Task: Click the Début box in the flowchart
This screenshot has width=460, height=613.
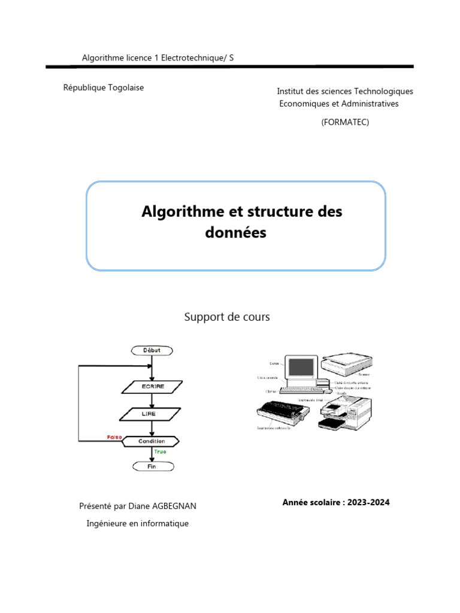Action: [152, 350]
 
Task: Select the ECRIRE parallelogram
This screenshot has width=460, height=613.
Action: [152, 387]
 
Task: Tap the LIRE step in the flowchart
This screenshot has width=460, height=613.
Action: [152, 414]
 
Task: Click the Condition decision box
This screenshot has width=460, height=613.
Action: [152, 441]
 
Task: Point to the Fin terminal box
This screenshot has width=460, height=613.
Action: [152, 466]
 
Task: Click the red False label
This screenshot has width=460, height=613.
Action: [114, 437]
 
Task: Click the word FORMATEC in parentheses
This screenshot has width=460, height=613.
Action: [345, 122]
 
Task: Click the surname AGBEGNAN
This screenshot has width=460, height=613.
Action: [174, 506]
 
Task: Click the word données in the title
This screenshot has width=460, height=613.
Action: [235, 233]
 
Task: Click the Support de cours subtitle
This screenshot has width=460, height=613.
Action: [226, 317]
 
